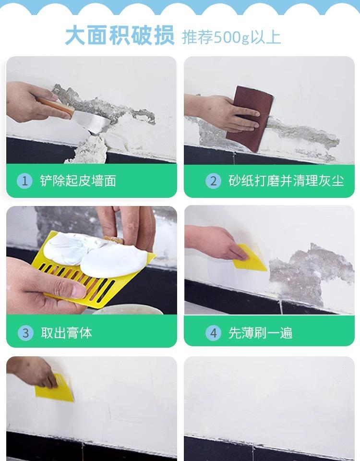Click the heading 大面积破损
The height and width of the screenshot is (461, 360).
[120, 36]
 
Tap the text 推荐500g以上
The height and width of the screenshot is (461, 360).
[231, 37]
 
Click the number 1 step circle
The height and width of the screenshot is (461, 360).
[24, 181]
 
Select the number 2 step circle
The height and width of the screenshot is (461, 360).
[213, 181]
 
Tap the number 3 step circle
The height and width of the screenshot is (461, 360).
[25, 333]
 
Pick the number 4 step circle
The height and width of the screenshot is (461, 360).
[213, 333]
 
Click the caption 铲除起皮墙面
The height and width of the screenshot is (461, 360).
[78, 181]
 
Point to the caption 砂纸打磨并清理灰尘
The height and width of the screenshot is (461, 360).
[286, 181]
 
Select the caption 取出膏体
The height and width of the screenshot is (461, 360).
[66, 333]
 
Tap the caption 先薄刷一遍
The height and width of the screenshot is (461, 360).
[260, 333]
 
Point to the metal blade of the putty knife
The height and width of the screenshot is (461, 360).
[91, 121]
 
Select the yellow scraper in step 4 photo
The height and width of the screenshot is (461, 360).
[249, 259]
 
